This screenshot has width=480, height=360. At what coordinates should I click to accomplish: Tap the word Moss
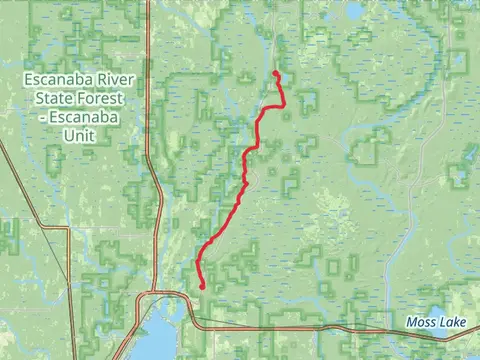pyautogui.click(x=424, y=322)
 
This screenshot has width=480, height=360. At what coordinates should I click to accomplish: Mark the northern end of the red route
pyautogui.click(x=275, y=72)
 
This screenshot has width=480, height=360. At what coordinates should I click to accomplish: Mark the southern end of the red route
pyautogui.click(x=203, y=288)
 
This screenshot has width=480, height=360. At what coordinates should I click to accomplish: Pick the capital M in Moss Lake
pyautogui.click(x=412, y=322)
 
